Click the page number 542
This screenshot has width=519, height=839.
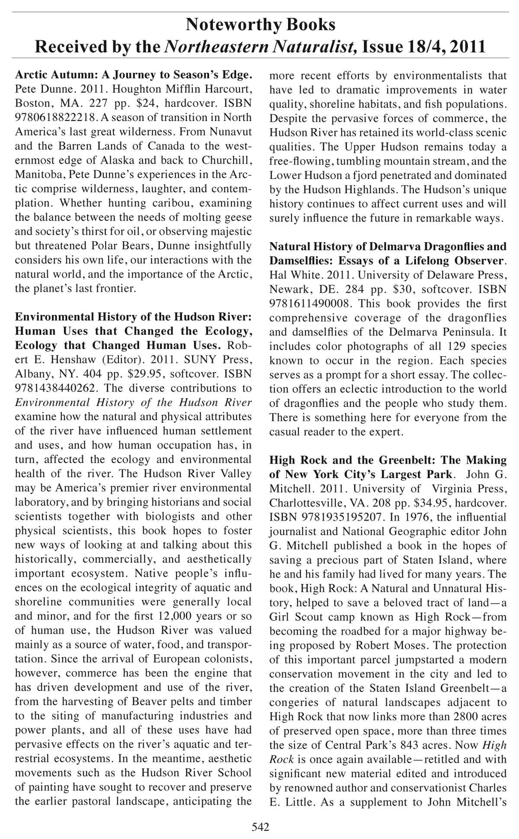[x=260, y=827]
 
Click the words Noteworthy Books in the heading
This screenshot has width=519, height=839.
[x=260, y=25]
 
